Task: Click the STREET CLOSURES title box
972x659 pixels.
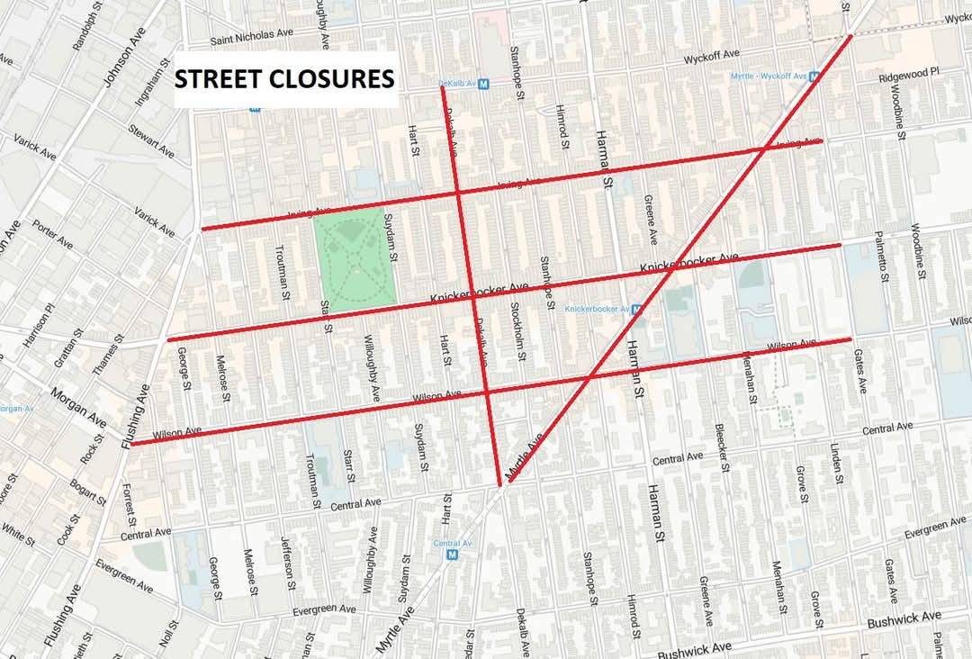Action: pyautogui.click(x=284, y=79)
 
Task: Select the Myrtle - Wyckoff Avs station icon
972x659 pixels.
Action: pyautogui.click(x=814, y=77)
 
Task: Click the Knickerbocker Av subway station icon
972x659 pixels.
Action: pyautogui.click(x=636, y=309)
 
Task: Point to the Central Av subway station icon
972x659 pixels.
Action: pyautogui.click(x=452, y=555)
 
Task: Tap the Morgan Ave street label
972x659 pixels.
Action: pyautogui.click(x=78, y=409)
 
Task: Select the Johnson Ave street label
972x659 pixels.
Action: pyautogui.click(x=123, y=66)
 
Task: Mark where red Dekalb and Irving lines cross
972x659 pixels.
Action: pyautogui.click(x=458, y=193)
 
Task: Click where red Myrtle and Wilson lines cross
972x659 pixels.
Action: pyautogui.click(x=589, y=375)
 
